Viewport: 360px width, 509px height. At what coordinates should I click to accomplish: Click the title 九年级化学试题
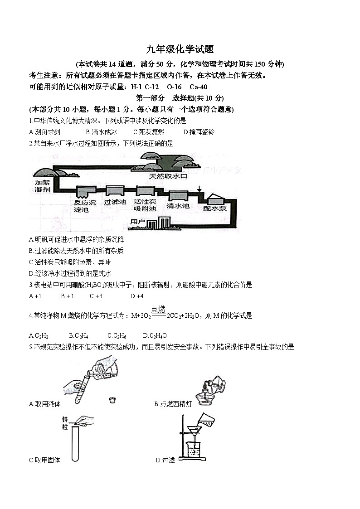click(x=180, y=49)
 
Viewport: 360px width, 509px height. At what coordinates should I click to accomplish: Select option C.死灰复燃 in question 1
click(x=149, y=132)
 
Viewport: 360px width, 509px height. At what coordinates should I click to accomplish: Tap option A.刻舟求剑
click(x=44, y=132)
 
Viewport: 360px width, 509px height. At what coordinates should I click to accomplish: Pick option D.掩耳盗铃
click(x=199, y=132)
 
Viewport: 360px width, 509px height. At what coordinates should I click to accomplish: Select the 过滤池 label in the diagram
click(x=115, y=202)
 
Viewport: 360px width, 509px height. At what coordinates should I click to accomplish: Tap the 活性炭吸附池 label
click(x=145, y=205)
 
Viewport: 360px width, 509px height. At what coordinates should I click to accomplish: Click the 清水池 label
click(x=178, y=205)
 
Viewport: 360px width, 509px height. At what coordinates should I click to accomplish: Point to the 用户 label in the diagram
click(x=137, y=222)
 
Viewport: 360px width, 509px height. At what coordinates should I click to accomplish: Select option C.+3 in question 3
click(x=96, y=296)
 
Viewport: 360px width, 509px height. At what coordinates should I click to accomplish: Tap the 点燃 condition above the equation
click(x=158, y=309)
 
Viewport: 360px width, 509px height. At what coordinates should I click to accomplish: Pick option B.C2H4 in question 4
click(x=78, y=335)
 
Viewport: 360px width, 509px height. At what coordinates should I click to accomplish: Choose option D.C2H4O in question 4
click(x=155, y=335)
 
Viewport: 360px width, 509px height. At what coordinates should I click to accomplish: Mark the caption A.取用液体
click(x=44, y=404)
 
